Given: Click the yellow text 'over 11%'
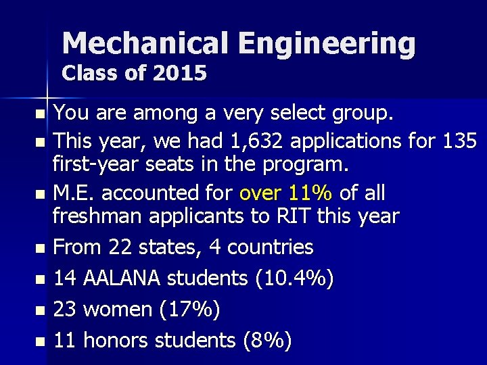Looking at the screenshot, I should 285,193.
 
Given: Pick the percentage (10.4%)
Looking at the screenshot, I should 294,278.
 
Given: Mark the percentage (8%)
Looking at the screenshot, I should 266,341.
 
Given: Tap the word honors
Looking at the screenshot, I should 119,341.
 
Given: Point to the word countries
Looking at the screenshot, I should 270,247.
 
